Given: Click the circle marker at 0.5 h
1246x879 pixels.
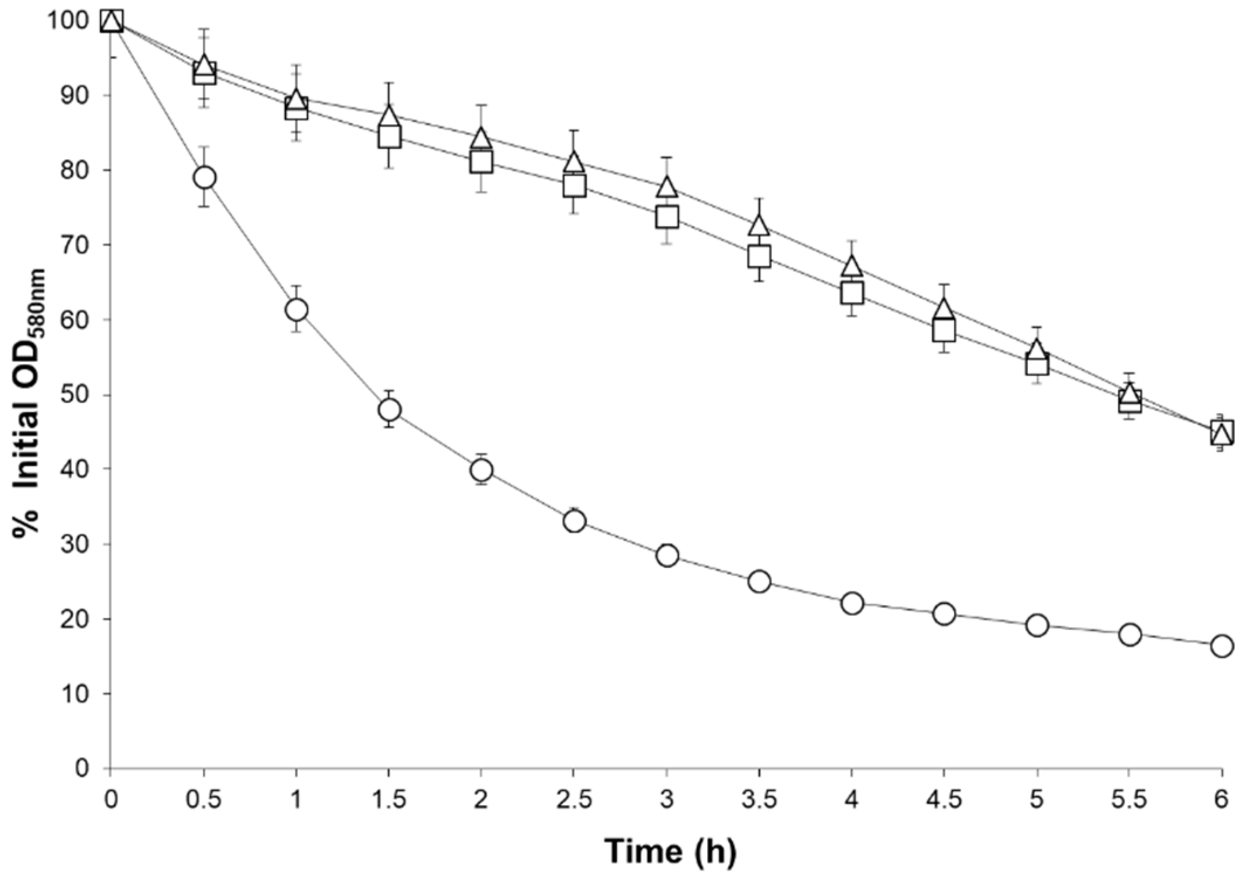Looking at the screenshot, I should tap(204, 177).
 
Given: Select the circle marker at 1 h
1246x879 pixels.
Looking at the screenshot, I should tap(297, 309).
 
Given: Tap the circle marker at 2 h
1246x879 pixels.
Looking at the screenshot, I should tap(481, 470).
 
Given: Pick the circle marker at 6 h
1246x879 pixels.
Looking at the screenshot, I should tap(1222, 646).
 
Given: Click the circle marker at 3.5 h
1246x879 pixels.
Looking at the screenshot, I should tap(759, 581).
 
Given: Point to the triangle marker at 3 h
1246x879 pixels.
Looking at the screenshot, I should tap(667, 188).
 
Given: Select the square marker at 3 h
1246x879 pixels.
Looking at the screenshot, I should tap(667, 217).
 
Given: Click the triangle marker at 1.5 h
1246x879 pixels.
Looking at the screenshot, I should tap(390, 116).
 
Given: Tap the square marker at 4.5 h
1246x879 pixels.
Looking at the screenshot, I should tap(944, 330).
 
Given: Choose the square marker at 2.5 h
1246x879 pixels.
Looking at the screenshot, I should tap(574, 186).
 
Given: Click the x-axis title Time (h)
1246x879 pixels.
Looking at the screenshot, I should tap(670, 851).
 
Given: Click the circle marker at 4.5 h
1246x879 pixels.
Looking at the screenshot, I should tap(944, 614).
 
